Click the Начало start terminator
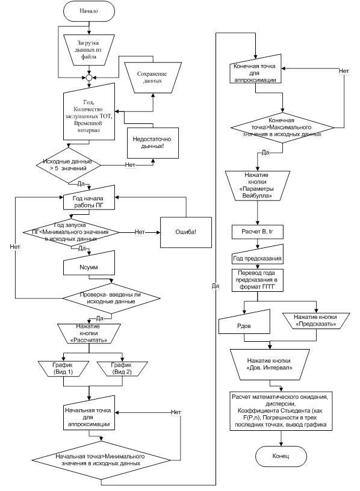coord(89,11)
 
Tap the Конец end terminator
coord(281,456)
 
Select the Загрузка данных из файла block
coord(89,50)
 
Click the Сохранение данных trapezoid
coord(153,78)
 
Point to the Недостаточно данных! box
coord(153,143)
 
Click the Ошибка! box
coord(186,232)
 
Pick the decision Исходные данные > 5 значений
coord(69,165)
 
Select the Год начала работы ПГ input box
coord(89,199)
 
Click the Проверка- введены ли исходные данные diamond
coord(111,298)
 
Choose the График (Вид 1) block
coord(64,369)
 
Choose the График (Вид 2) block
coord(122,369)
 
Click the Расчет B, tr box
coord(258,232)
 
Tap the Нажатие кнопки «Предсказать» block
coord(316,321)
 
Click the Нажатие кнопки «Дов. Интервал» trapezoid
coord(270,364)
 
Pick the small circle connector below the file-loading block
coord(89,78)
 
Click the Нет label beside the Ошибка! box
coord(140,232)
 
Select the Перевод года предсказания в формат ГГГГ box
coord(258,280)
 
